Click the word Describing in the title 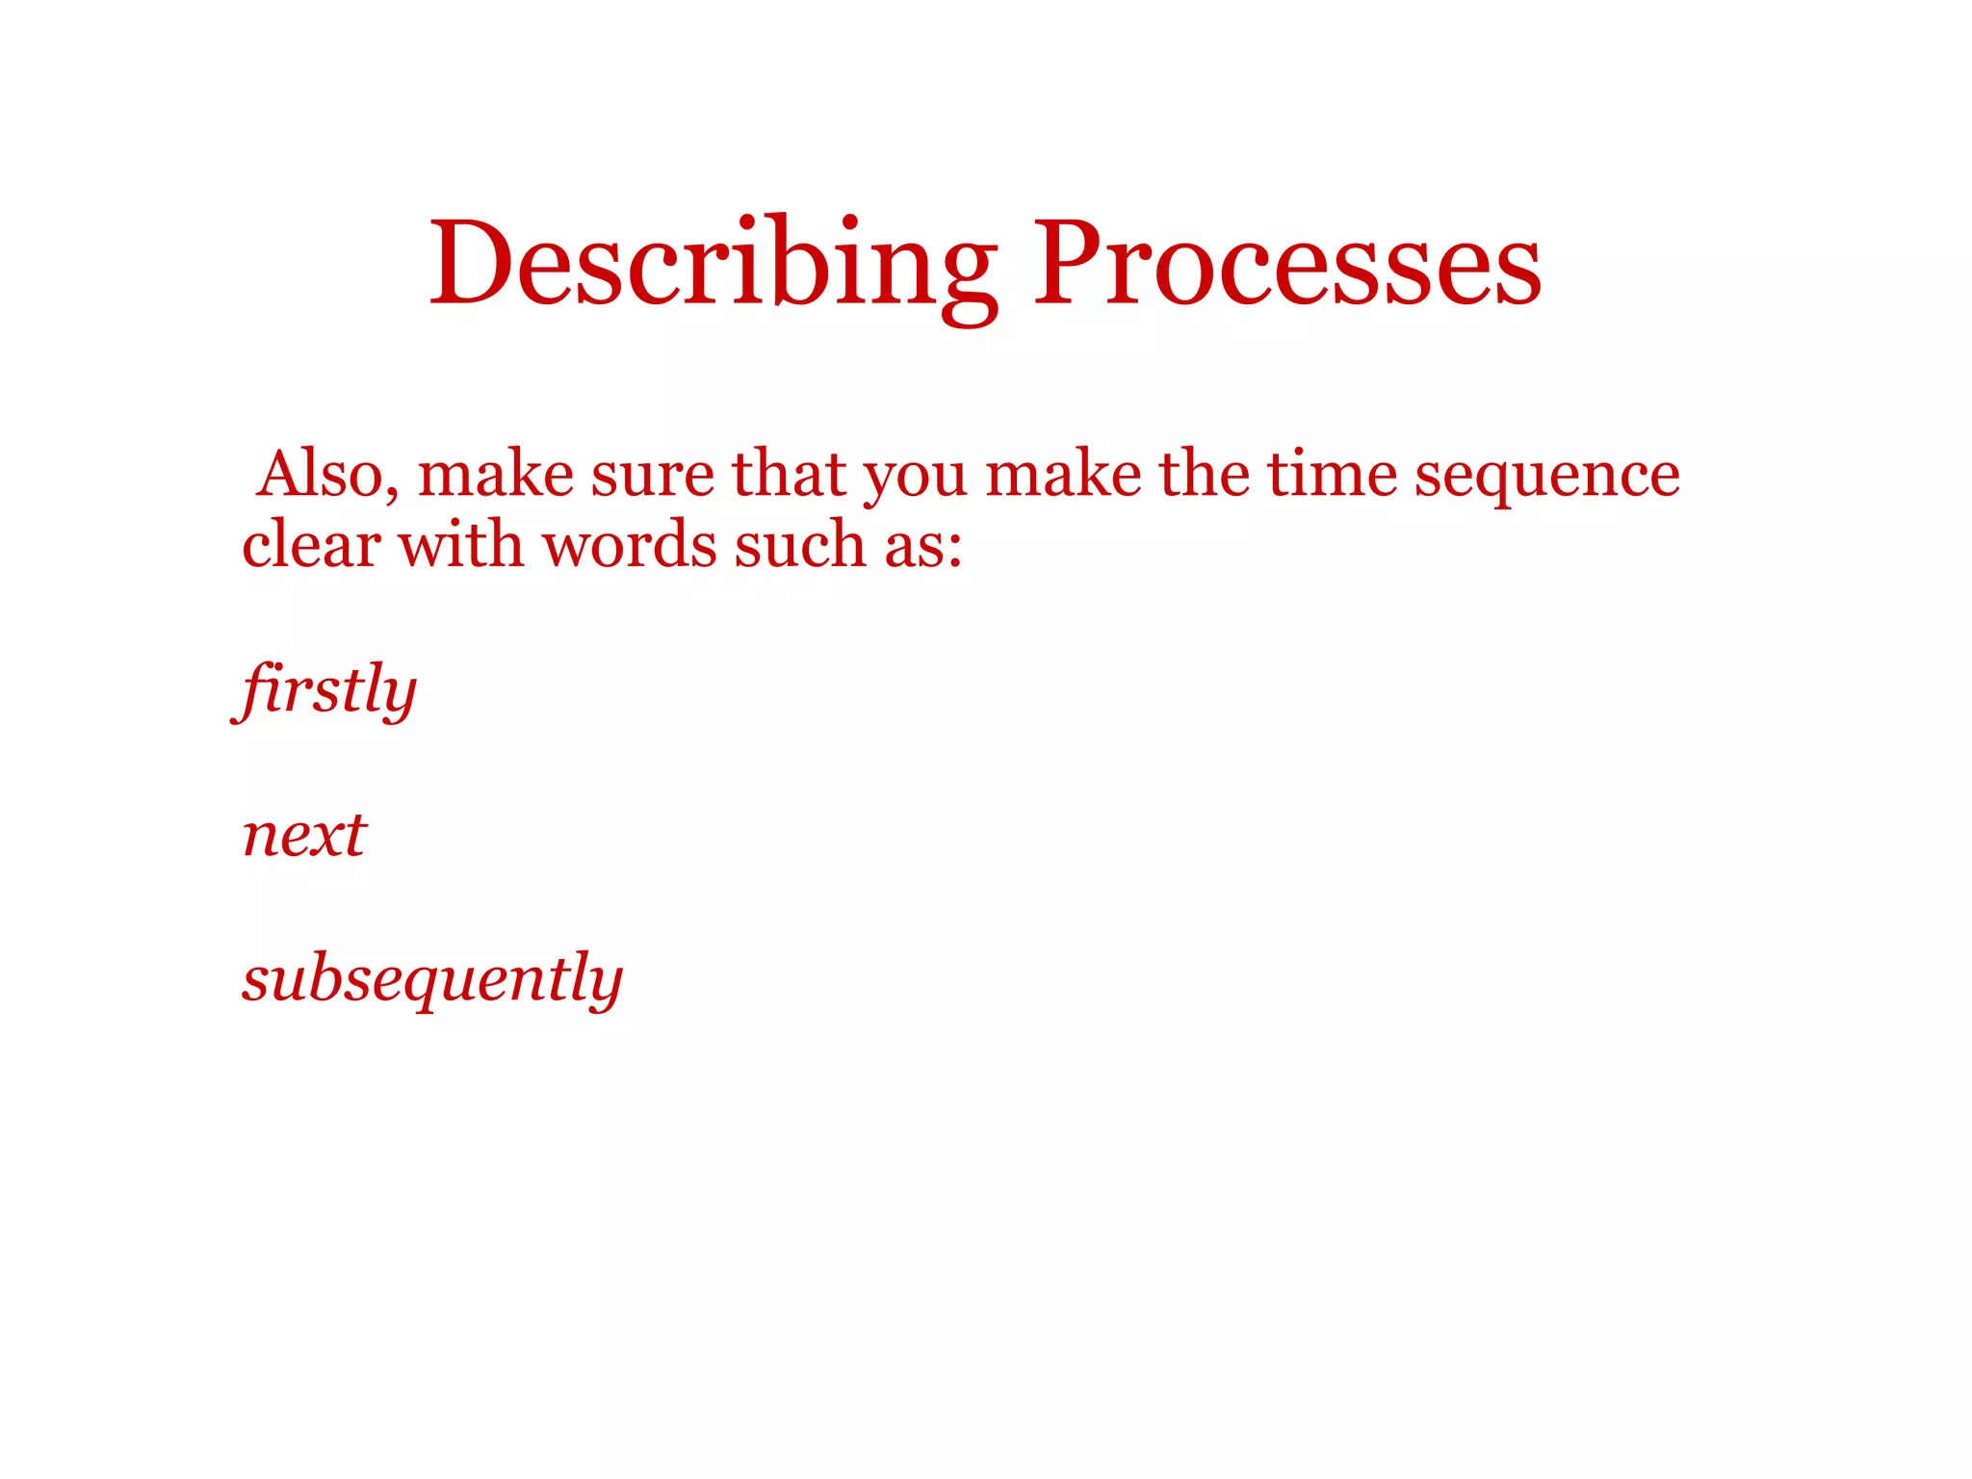tap(713, 265)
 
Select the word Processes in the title tap(1286, 265)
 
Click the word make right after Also tap(495, 474)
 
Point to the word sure tap(652, 476)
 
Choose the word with tap(461, 545)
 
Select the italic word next tap(304, 834)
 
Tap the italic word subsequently tap(432, 978)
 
